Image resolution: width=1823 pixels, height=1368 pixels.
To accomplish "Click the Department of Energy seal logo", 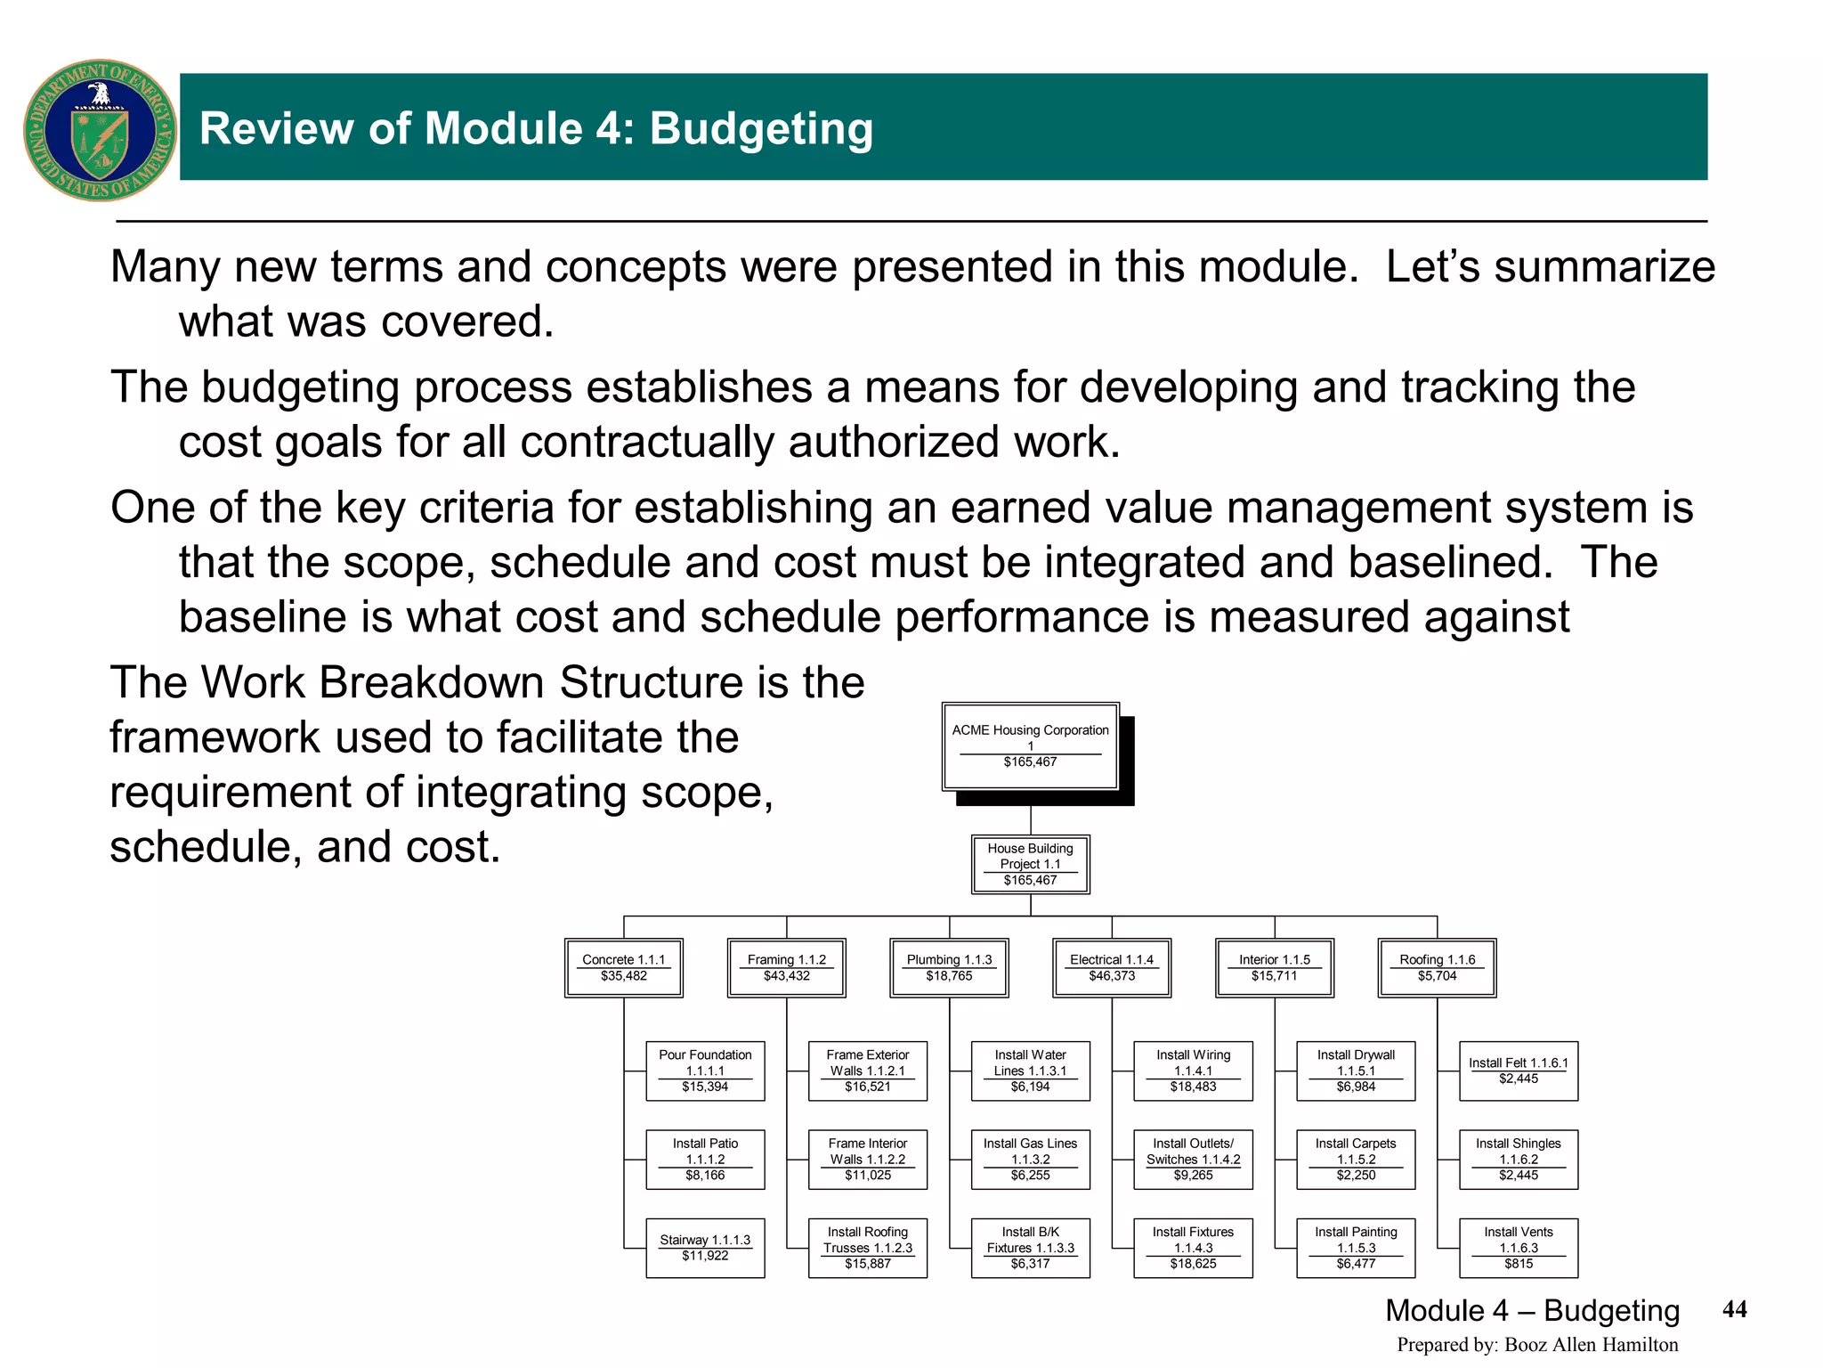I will pos(100,130).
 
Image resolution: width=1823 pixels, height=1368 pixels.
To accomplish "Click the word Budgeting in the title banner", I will pos(761,128).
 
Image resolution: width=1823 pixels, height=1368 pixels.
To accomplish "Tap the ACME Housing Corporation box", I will pos(1030,746).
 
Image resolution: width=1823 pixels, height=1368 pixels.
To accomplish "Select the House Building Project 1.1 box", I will pos(1030,864).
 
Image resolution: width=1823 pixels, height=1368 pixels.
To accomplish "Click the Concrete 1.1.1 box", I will pos(623,967).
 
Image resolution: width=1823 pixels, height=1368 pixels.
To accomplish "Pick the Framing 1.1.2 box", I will pos(786,967).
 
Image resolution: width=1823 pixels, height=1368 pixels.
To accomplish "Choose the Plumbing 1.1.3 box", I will pos(949,967).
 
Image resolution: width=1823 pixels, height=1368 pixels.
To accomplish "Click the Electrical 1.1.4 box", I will pos(1111,967).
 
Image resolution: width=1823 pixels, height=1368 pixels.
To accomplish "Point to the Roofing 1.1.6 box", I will pos(1437,967).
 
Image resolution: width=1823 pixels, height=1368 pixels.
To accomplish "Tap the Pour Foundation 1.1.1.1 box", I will pos(705,1071).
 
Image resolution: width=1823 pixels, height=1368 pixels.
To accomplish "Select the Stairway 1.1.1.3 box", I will pos(705,1248).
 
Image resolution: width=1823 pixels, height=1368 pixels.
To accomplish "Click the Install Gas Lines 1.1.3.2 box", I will pos(1030,1159).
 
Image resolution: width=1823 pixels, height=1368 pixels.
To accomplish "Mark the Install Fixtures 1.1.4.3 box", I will pos(1193,1248).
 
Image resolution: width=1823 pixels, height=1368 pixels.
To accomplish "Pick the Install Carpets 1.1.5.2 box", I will pos(1356,1159).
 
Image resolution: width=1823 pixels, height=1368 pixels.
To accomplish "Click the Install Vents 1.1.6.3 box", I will pos(1519,1248).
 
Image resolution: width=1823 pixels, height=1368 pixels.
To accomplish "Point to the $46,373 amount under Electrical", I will pos(1112,976).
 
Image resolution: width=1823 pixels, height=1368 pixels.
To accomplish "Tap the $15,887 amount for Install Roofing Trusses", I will pos(868,1264).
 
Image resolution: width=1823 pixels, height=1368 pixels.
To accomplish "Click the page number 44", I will pos(1735,1308).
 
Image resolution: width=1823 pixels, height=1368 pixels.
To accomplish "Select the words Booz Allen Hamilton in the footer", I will pos(1591,1345).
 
